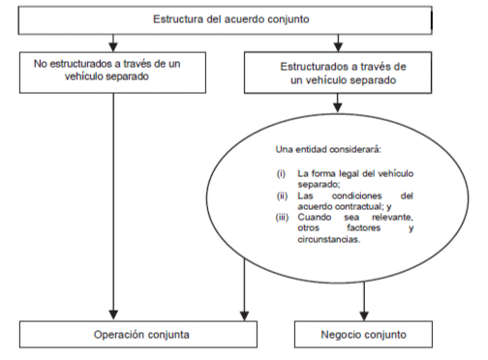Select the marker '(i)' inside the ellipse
(x=281, y=174)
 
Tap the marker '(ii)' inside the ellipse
(x=282, y=195)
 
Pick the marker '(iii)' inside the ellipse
(x=282, y=218)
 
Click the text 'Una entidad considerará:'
(x=328, y=150)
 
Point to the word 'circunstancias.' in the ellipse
(x=329, y=239)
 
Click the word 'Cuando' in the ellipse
(x=315, y=217)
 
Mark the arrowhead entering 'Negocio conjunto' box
(x=364, y=316)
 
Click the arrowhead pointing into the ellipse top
(x=338, y=107)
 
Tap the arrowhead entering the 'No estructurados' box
(x=113, y=47)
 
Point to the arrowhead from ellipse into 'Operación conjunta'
(x=245, y=316)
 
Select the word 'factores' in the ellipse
(x=364, y=228)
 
